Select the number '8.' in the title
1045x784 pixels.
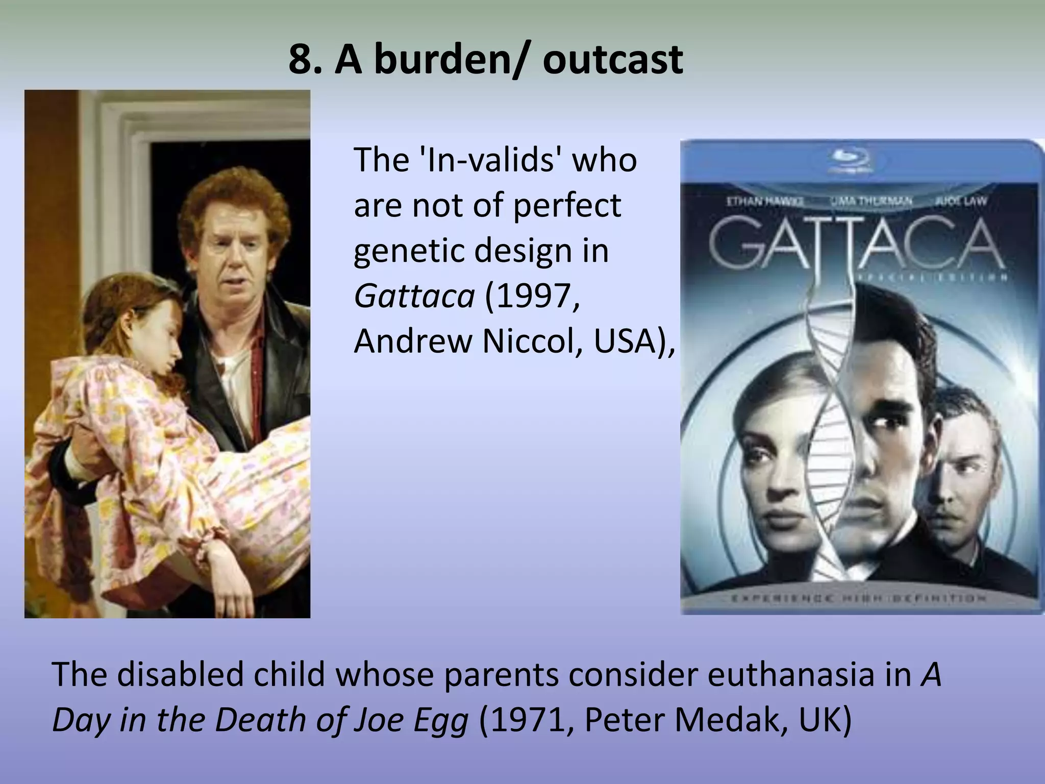[x=305, y=60]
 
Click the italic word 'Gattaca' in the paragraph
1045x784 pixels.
[x=414, y=296]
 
